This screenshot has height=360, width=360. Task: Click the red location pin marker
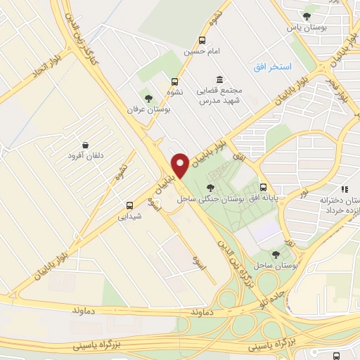(x=180, y=165)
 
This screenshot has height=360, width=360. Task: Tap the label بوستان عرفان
(x=148, y=110)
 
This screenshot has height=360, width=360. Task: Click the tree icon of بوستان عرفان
(x=148, y=98)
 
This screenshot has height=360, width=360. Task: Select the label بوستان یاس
(x=303, y=28)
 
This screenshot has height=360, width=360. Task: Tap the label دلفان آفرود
(x=86, y=154)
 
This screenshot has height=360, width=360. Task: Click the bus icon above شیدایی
(x=129, y=205)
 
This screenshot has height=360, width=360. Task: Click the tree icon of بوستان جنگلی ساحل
(x=210, y=187)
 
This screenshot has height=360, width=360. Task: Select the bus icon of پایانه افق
(x=263, y=187)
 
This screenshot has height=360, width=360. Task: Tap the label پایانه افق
(x=262, y=199)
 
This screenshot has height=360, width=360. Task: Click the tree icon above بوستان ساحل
(x=276, y=255)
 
